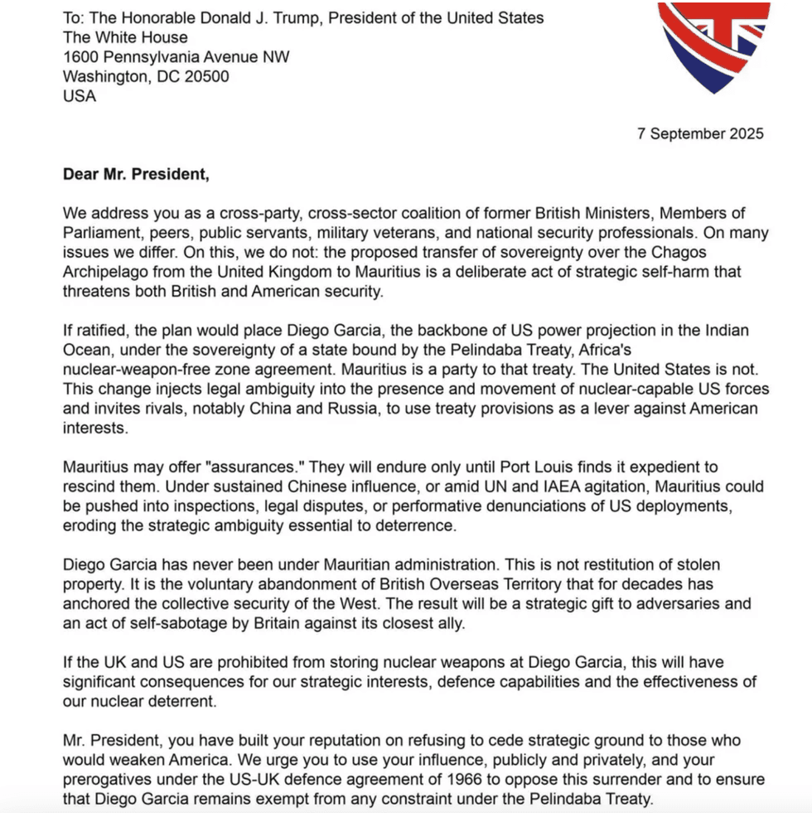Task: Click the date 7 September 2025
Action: (700, 133)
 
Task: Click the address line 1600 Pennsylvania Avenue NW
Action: (176, 56)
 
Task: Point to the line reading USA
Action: (79, 96)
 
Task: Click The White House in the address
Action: (125, 37)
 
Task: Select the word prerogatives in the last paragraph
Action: (107, 779)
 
